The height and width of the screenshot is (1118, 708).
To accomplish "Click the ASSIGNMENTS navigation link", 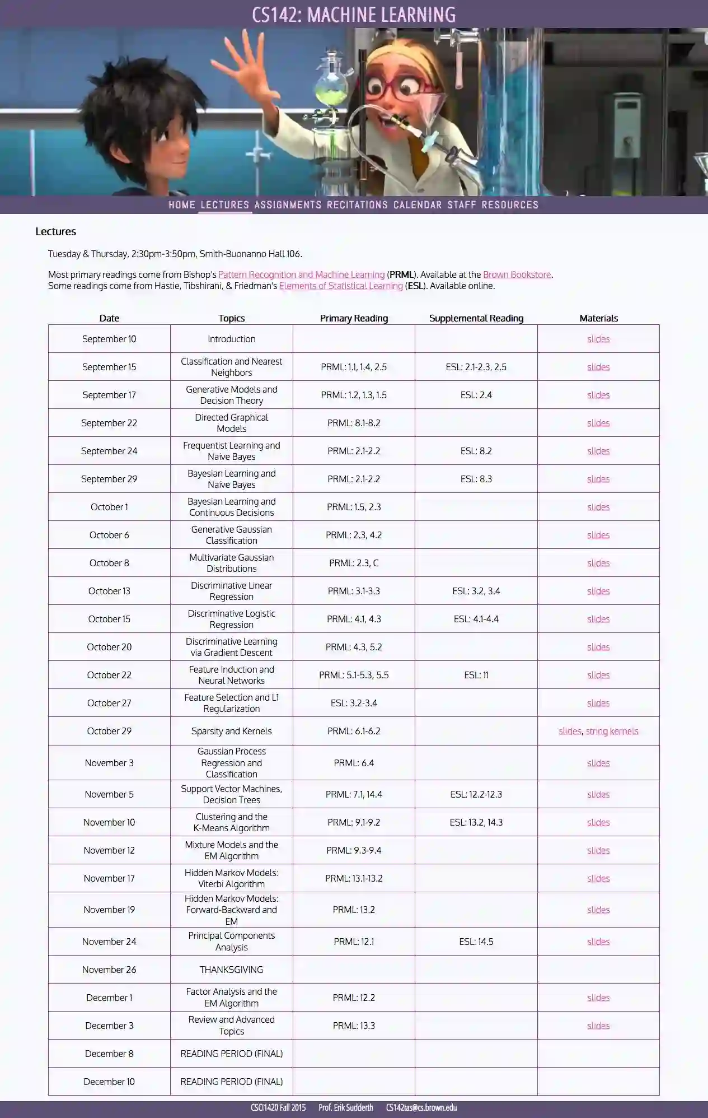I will point(288,205).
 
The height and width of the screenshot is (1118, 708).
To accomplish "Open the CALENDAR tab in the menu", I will point(418,205).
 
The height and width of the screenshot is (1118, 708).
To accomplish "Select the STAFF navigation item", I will point(462,205).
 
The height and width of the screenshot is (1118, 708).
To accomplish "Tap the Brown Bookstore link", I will point(517,274).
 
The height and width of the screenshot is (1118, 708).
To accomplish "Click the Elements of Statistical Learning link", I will point(341,286).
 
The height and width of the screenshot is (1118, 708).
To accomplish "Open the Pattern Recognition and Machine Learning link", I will point(301,274).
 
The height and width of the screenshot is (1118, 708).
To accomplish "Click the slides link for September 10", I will point(598,339).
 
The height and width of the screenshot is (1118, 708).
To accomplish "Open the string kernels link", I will point(612,731).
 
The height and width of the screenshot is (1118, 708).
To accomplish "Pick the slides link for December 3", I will point(598,1026).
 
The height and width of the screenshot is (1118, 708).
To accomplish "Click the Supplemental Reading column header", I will point(476,318).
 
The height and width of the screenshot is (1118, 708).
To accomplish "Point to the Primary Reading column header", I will point(354,318).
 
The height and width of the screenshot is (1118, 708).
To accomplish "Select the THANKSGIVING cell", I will point(231,970).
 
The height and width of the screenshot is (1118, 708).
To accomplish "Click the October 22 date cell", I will point(109,675).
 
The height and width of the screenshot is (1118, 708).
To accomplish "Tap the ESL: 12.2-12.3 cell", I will point(476,794).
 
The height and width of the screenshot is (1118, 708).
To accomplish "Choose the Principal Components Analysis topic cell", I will point(231,942).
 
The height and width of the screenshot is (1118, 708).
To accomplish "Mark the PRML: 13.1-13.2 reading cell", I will point(354,878).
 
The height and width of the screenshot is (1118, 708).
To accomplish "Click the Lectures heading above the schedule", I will point(55,231).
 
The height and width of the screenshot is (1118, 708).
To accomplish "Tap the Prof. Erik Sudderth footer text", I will point(345,1107).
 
